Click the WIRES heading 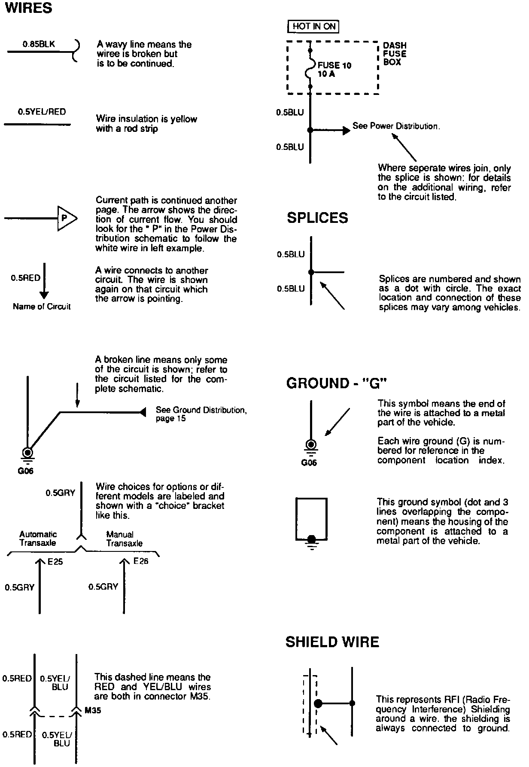pyautogui.click(x=28, y=8)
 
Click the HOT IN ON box pyautogui.click(x=313, y=27)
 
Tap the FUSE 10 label pyautogui.click(x=334, y=65)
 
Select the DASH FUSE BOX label pyautogui.click(x=395, y=54)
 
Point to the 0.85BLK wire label pyautogui.click(x=39, y=44)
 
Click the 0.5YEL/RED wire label pyautogui.click(x=42, y=112)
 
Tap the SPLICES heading pyautogui.click(x=317, y=218)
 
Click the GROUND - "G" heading pyautogui.click(x=337, y=383)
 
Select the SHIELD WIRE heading pyautogui.click(x=332, y=642)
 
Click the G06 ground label pyautogui.click(x=25, y=471)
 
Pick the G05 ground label pyautogui.click(x=309, y=463)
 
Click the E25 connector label pyautogui.click(x=55, y=561)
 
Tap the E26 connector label pyautogui.click(x=141, y=561)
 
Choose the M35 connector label pyautogui.click(x=93, y=710)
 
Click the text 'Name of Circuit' pyautogui.click(x=42, y=307)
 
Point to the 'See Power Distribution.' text pyautogui.click(x=396, y=126)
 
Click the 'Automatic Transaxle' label pyautogui.click(x=38, y=539)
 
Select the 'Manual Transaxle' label pyautogui.click(x=124, y=539)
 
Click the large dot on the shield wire pyautogui.click(x=318, y=703)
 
